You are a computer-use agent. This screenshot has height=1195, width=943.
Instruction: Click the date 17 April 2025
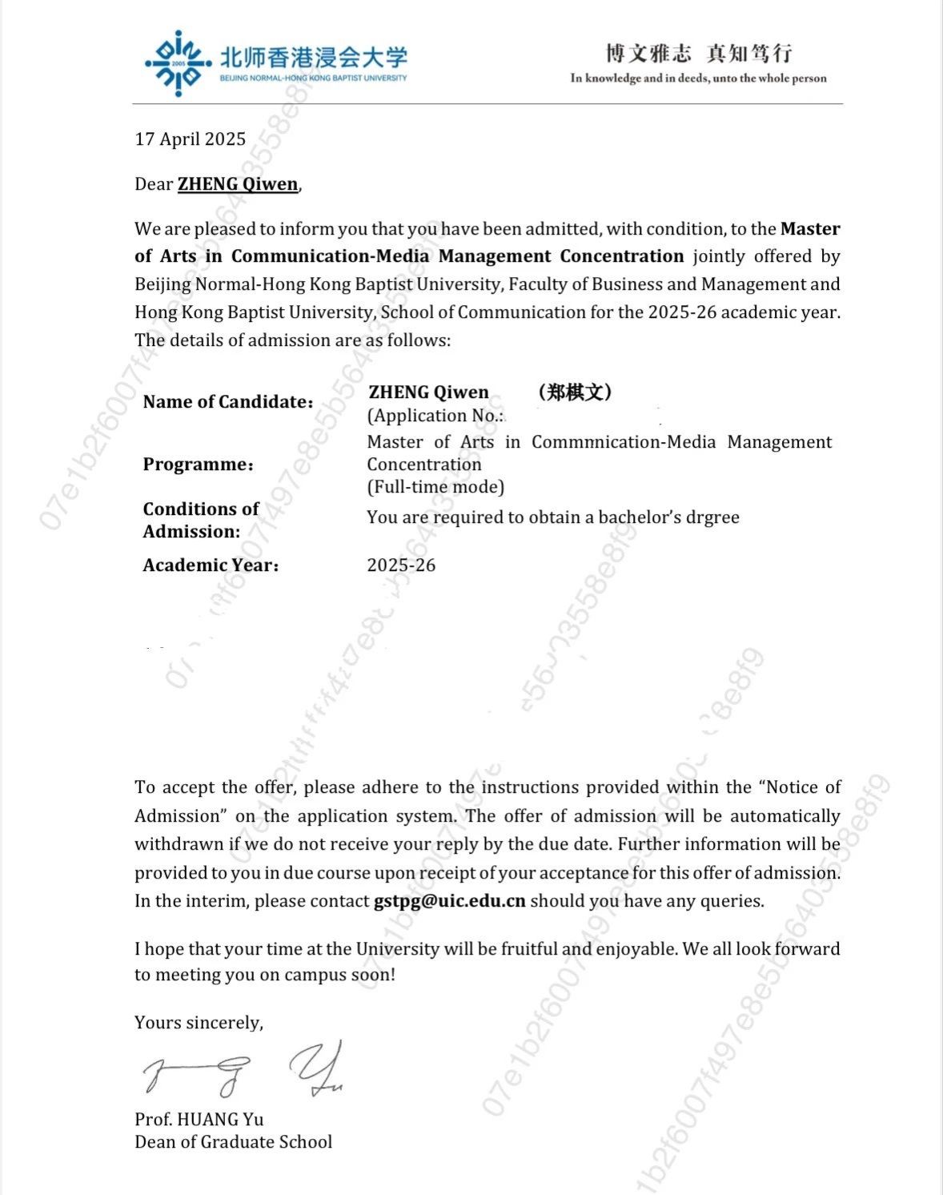click(x=191, y=139)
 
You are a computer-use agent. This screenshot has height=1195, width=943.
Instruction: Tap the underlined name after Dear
click(x=238, y=184)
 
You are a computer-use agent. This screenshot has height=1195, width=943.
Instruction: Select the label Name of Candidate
click(x=228, y=402)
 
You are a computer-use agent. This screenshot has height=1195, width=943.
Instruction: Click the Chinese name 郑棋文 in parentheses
click(x=576, y=392)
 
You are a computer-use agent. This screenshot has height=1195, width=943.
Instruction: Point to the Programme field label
click(x=198, y=465)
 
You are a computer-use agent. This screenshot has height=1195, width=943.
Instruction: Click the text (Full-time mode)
click(x=435, y=487)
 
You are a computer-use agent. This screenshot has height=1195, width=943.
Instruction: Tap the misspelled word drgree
click(x=712, y=517)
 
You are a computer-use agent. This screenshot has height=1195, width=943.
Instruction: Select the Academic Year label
click(x=211, y=565)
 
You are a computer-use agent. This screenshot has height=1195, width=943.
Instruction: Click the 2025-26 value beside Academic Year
click(x=401, y=565)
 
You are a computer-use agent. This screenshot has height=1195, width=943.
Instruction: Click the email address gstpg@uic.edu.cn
click(x=450, y=901)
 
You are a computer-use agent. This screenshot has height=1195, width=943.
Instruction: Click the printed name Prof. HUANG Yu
click(x=199, y=1120)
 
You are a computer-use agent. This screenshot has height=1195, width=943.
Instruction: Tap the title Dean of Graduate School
click(x=233, y=1142)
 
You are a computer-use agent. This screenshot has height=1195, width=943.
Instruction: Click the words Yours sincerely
click(x=199, y=1023)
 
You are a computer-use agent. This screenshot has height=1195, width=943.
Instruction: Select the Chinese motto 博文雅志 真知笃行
click(x=699, y=54)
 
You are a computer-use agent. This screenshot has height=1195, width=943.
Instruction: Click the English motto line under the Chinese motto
click(x=698, y=78)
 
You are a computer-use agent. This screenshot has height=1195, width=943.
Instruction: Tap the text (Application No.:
click(x=436, y=416)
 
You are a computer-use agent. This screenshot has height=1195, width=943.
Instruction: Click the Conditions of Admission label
click(x=201, y=521)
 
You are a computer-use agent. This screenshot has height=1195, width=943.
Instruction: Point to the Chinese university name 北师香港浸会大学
click(x=313, y=58)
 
